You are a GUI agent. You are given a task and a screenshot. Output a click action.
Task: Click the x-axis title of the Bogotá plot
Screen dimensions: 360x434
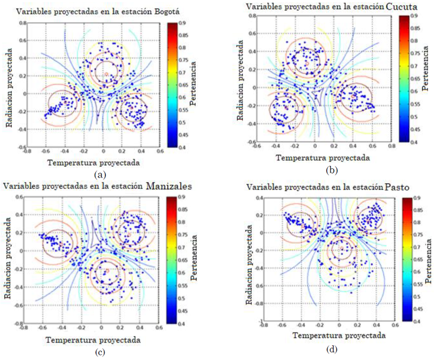point(94,162)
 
